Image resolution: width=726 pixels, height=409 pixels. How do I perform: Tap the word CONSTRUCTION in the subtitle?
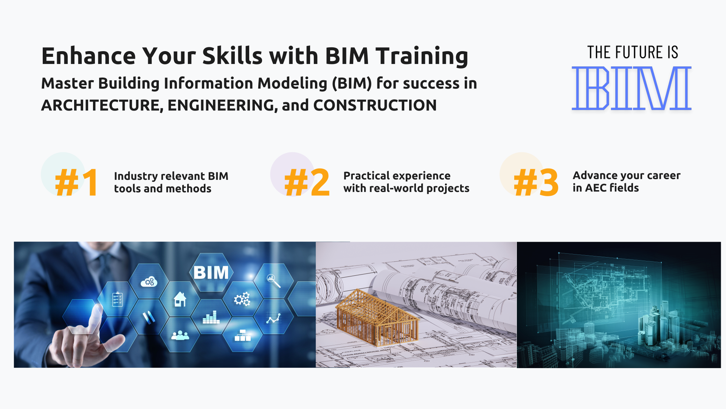click(375, 105)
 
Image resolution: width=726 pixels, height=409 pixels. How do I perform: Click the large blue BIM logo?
click(631, 88)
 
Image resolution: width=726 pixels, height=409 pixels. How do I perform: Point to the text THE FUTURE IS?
click(632, 52)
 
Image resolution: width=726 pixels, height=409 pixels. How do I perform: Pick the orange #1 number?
click(77, 183)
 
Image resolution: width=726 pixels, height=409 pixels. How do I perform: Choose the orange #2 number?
click(307, 183)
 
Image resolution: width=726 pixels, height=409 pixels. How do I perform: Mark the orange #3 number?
click(536, 183)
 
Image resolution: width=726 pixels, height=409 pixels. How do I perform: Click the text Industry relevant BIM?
click(171, 176)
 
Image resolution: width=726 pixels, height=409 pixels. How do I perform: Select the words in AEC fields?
click(605, 188)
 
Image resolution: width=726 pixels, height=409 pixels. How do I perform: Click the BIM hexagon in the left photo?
click(211, 272)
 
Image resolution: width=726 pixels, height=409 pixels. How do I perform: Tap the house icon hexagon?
click(180, 299)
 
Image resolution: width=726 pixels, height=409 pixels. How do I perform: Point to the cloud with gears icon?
click(149, 282)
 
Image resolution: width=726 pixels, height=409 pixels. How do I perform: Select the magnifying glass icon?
click(273, 281)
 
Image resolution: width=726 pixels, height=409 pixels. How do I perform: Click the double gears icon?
click(242, 299)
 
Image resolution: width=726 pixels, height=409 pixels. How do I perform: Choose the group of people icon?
click(180, 335)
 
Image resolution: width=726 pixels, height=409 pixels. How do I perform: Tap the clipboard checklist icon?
click(118, 299)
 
